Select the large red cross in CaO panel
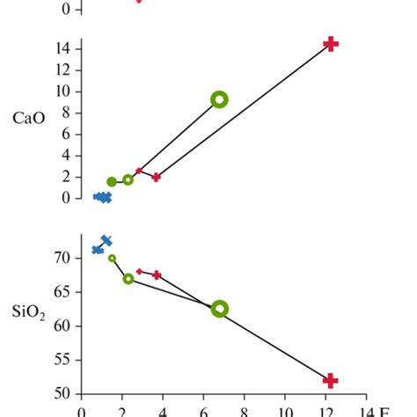(331, 44)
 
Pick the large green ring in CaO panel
(220, 99)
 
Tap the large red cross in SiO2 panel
(331, 380)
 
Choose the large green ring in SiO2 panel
(220, 309)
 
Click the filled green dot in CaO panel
(112, 182)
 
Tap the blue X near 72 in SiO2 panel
(106, 240)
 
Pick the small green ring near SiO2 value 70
(112, 258)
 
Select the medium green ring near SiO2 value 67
(128, 279)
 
